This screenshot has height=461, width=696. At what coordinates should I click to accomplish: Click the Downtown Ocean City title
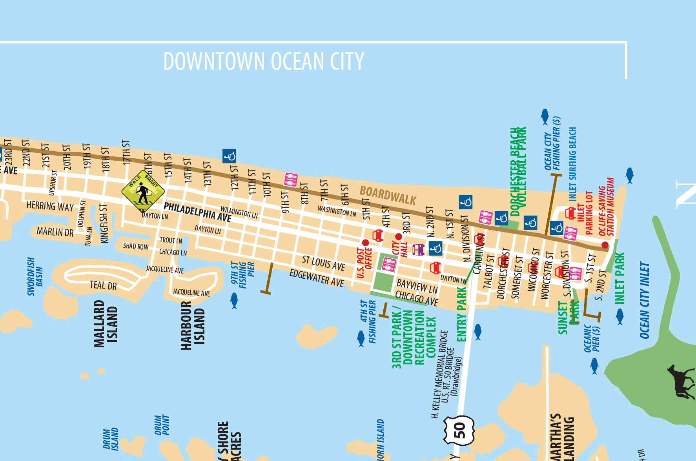tap(264, 62)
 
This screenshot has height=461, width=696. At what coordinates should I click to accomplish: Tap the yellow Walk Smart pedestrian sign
tap(143, 191)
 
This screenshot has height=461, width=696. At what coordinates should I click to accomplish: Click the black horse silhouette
tap(681, 381)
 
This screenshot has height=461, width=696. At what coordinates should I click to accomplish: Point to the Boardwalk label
tap(388, 196)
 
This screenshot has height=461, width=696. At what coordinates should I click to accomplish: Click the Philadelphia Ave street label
tap(197, 212)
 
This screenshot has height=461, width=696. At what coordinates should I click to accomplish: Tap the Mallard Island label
tap(105, 324)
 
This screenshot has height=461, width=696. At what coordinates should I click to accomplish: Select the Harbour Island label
tap(192, 325)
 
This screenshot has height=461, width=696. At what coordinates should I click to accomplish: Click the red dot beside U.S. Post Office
tap(365, 243)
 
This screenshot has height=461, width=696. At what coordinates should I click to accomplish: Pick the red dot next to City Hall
tap(399, 236)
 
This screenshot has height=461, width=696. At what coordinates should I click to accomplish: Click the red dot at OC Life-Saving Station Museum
tap(605, 245)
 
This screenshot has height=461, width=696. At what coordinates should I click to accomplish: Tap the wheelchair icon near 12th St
tap(229, 156)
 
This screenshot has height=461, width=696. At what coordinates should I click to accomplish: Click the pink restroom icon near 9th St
tap(291, 180)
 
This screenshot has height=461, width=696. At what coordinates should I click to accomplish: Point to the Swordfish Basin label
tap(35, 276)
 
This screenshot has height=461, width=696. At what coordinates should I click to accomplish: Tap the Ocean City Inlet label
tap(644, 300)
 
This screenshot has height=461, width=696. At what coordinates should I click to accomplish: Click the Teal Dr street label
tap(103, 285)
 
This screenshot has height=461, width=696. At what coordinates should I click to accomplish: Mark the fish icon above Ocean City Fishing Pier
tap(544, 116)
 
